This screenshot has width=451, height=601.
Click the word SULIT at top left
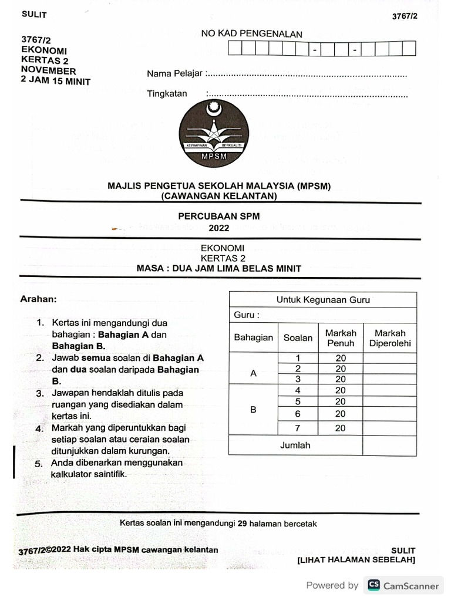pyautogui.click(x=34, y=15)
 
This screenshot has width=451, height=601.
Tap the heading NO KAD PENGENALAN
pyautogui.click(x=251, y=34)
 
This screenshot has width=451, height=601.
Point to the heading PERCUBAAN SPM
pyautogui.click(x=218, y=216)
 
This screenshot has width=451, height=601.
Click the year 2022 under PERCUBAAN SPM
pyautogui.click(x=218, y=228)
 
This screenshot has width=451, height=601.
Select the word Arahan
pyautogui.click(x=39, y=299)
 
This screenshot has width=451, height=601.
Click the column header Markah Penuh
pyautogui.click(x=341, y=338)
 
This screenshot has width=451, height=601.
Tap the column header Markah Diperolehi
pyautogui.click(x=390, y=338)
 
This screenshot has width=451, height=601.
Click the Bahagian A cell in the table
pyautogui.click(x=253, y=373)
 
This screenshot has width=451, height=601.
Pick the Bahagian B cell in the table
pyautogui.click(x=253, y=410)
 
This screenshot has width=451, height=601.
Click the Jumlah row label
pyautogui.click(x=295, y=445)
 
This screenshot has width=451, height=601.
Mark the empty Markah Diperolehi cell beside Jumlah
pyautogui.click(x=389, y=445)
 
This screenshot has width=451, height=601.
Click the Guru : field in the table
pyautogui.click(x=247, y=315)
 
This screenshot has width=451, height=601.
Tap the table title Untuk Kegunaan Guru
pyautogui.click(x=323, y=300)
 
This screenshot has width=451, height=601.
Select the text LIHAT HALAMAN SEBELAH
pyautogui.click(x=356, y=560)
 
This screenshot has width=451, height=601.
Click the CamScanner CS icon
pyautogui.click(x=373, y=585)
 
